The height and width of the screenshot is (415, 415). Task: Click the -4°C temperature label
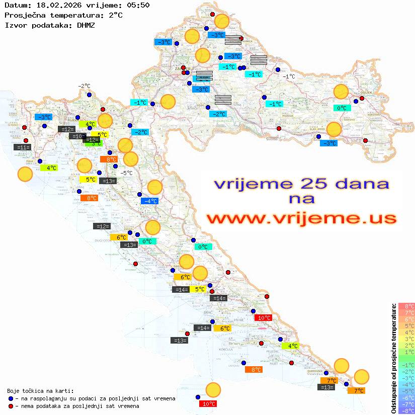coord(150,201)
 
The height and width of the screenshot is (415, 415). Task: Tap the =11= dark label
coord(23,147)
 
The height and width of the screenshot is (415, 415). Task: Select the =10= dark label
coord(77,136)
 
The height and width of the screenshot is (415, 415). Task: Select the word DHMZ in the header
coord(86,25)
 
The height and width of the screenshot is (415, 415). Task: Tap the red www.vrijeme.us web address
coord(301,218)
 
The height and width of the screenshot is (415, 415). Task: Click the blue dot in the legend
coord(11,398)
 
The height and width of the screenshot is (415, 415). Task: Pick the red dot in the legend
coord(11,406)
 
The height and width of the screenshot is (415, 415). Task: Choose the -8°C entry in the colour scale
coord(406,410)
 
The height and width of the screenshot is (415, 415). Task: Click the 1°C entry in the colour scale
coord(406,352)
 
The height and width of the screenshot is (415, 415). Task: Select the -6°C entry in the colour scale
coord(406,397)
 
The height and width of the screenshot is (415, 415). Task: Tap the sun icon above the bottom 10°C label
coord(213,390)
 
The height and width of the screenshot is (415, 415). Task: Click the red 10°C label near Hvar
coord(263,317)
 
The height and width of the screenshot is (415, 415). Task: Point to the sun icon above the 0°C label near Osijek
coord(341,92)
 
